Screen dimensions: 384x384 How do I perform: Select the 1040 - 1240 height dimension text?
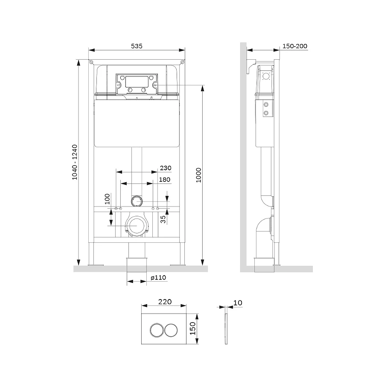pos(75,162)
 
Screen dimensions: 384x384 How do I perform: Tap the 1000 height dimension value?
pos(198,175)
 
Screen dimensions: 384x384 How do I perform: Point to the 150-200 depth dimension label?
pos(295,46)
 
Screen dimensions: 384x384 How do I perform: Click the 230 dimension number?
pos(166,168)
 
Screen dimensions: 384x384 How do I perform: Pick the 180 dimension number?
pos(165,180)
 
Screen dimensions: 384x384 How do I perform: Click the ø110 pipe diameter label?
pos(158,278)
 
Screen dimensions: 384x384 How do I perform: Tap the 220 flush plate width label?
pos(165,302)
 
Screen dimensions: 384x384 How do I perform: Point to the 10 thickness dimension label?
pos(238,303)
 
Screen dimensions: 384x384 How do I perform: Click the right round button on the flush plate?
pos(171,330)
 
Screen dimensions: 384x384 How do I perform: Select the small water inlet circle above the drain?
pos(137,199)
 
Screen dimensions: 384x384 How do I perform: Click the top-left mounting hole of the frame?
pos(91,62)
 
